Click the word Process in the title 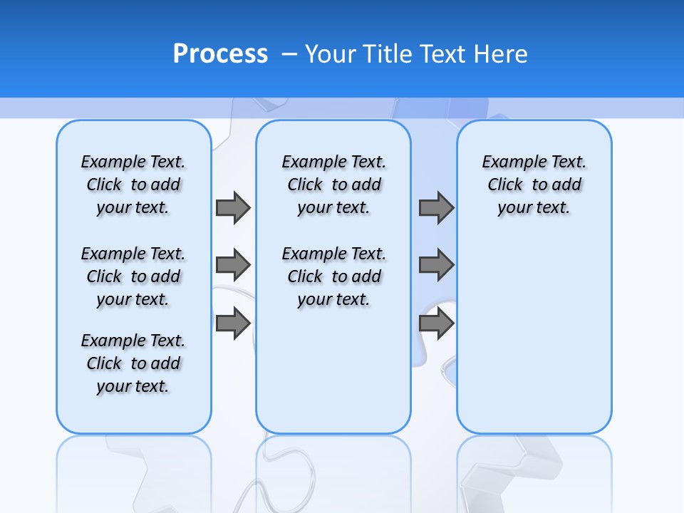click(x=220, y=53)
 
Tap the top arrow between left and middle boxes click(x=233, y=207)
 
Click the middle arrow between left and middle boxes click(x=233, y=265)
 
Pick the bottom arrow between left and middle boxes click(x=233, y=323)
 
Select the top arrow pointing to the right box click(x=436, y=207)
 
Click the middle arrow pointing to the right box click(x=436, y=265)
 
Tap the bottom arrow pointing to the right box click(x=436, y=323)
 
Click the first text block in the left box click(x=133, y=185)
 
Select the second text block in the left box click(x=133, y=276)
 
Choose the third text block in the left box click(x=133, y=363)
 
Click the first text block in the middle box click(x=334, y=185)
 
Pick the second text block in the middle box click(x=334, y=276)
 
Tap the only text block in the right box click(x=534, y=185)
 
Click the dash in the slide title click(x=290, y=54)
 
